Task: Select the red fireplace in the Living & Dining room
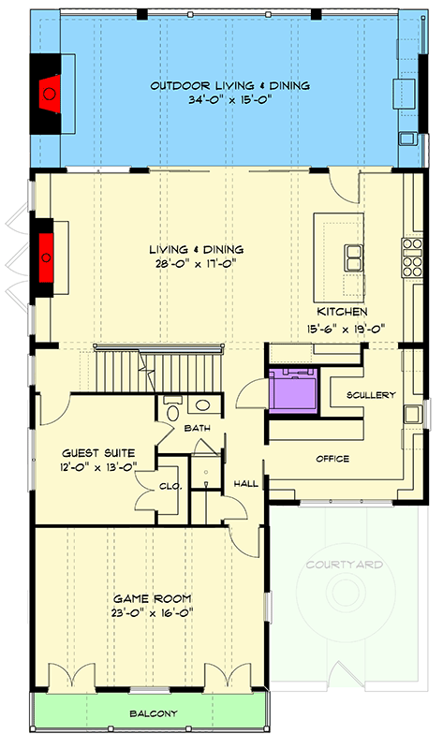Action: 45,251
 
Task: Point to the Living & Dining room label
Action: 197,250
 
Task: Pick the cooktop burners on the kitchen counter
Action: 411,257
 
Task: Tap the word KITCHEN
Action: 340,311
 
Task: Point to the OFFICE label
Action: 332,459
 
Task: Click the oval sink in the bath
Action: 203,406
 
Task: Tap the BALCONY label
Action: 152,713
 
